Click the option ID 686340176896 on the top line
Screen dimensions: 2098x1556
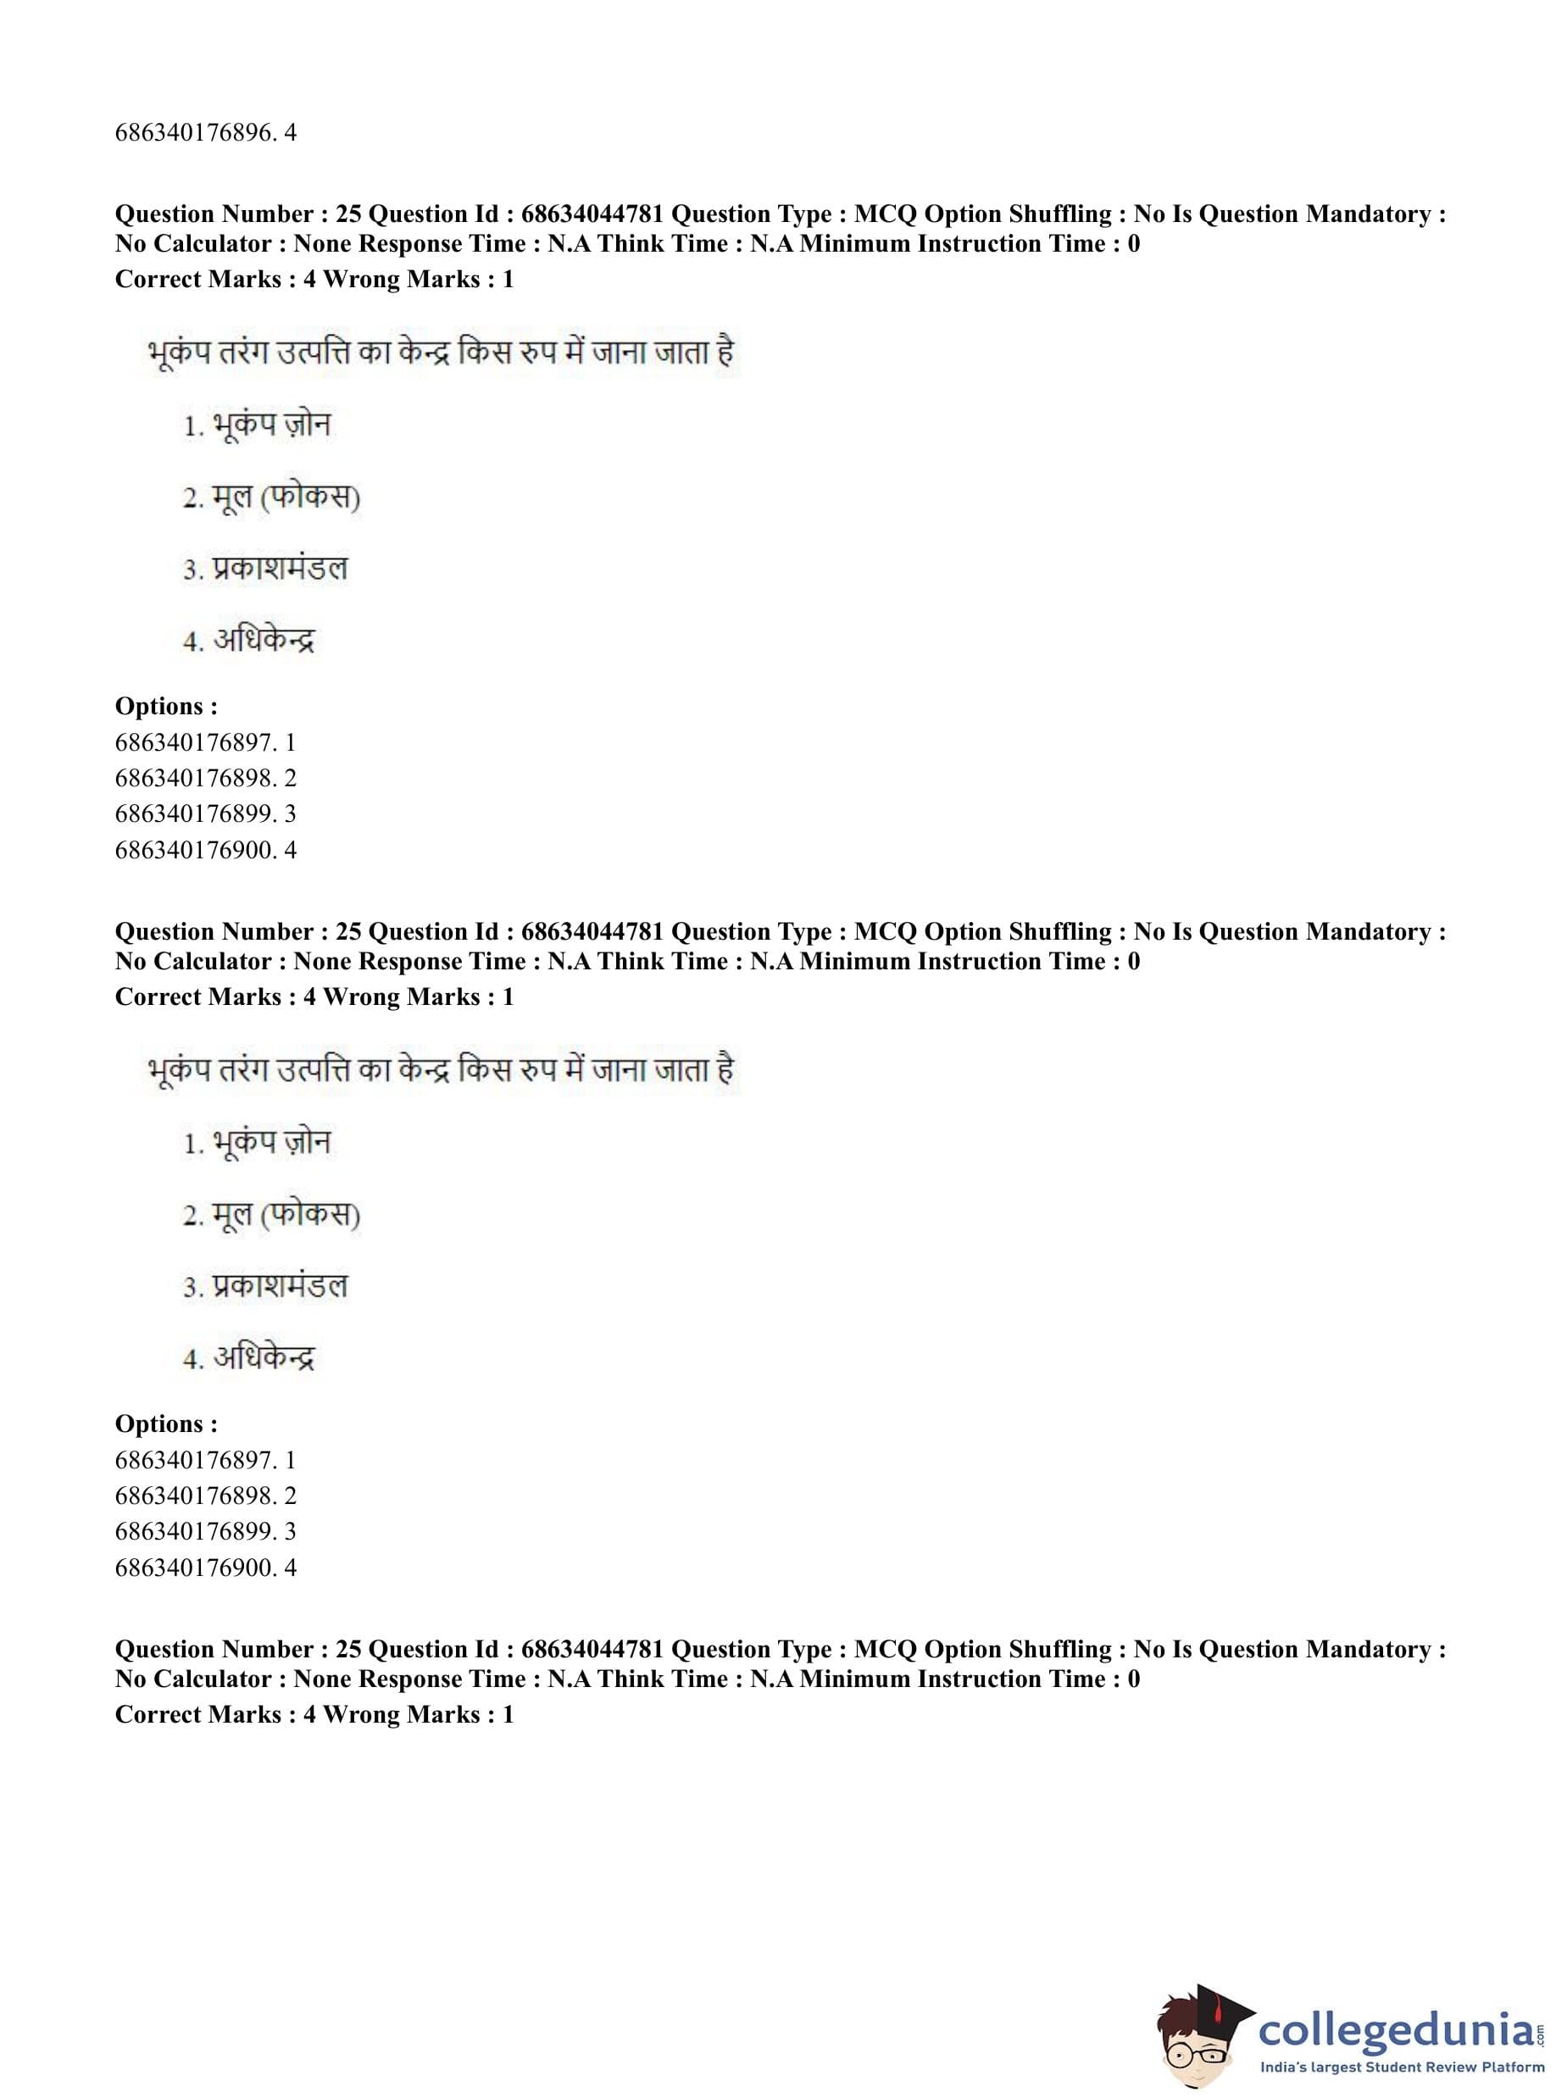tap(196, 133)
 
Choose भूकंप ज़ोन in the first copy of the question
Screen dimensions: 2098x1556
tap(271, 425)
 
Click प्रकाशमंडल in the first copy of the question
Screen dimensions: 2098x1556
tap(280, 569)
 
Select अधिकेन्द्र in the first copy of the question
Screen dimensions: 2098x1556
tap(264, 641)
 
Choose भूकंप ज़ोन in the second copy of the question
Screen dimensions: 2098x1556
tap(271, 1143)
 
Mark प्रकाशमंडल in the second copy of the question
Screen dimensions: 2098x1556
tap(280, 1286)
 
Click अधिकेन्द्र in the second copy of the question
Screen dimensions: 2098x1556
tap(264, 1359)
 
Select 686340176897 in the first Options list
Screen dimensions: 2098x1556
tap(196, 743)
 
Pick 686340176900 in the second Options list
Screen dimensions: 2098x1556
tap(196, 1568)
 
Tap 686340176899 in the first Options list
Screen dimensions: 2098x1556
tap(196, 814)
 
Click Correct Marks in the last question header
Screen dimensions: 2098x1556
tap(197, 1715)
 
